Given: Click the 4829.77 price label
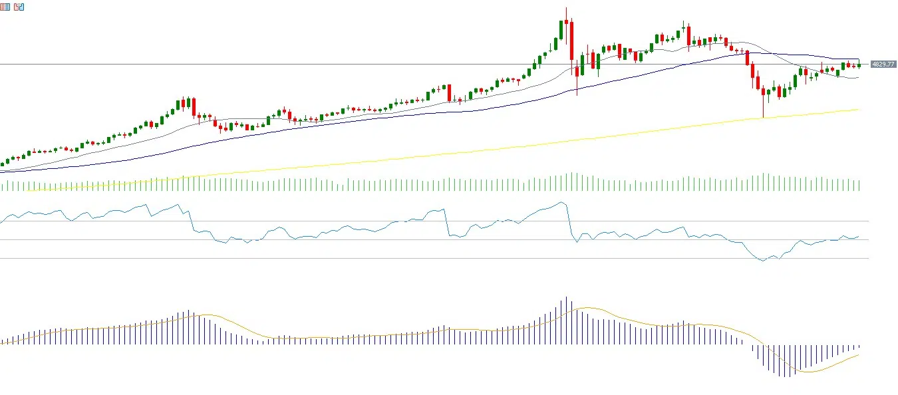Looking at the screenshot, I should pos(883,65).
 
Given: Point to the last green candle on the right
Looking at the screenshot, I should pos(859,64).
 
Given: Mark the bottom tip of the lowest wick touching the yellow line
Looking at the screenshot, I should pos(763,118).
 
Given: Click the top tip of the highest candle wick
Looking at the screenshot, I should pos(566,8).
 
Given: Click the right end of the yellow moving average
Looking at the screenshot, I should pos(859,110).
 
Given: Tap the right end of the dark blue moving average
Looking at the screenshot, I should pos(859,60).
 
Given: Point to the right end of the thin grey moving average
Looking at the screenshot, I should pos(858,77).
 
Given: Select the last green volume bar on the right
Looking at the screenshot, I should pos(859,185).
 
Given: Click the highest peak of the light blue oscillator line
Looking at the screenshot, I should pos(562,202).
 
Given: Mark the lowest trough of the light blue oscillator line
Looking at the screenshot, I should pos(764,261).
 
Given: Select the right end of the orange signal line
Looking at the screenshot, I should pos(859,354).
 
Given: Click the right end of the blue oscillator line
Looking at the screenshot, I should pos(859,236).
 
